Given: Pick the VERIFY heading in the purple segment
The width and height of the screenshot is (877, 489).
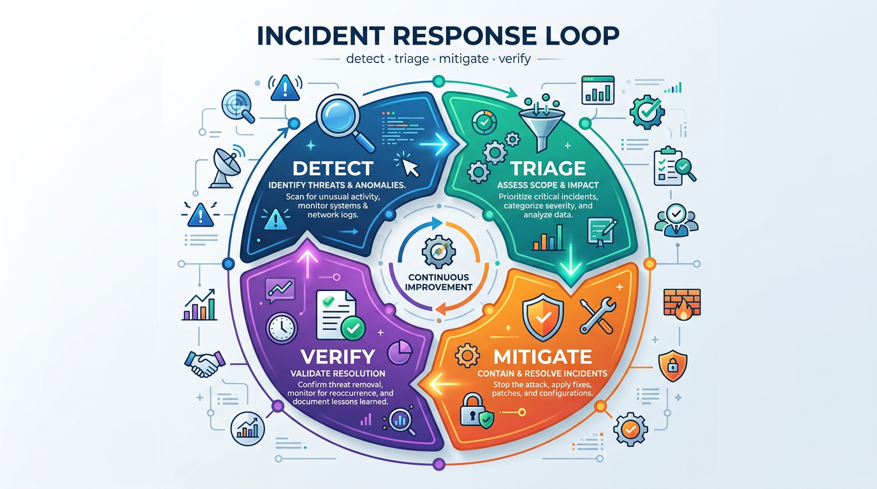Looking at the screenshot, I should (x=331, y=356).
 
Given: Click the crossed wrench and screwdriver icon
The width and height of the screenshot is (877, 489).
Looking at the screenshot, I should (x=597, y=316).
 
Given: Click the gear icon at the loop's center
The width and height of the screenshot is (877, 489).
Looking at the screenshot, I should (x=439, y=251).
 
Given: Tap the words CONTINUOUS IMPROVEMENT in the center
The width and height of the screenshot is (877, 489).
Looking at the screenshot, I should (x=438, y=282).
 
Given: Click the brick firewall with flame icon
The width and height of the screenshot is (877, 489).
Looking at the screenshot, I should (x=681, y=304).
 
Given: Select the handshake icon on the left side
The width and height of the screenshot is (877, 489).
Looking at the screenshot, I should (x=204, y=364).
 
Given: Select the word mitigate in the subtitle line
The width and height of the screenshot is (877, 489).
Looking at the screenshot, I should (x=463, y=59).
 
